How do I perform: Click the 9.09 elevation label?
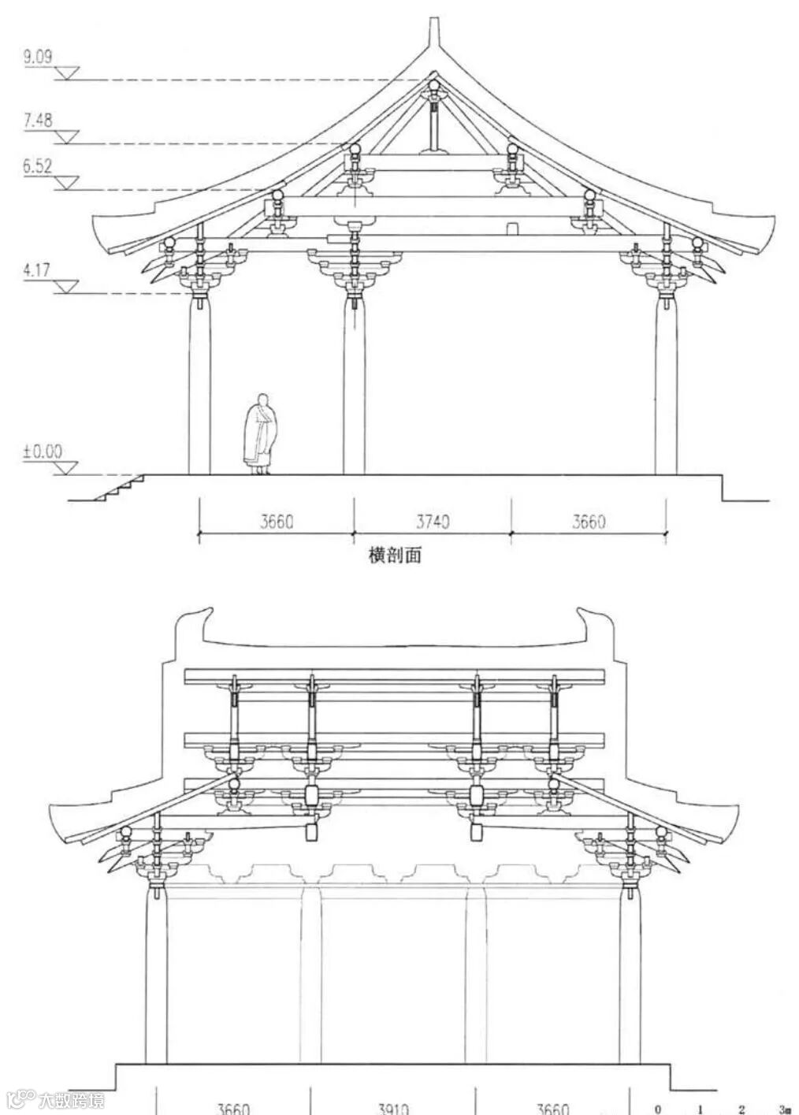(37, 57)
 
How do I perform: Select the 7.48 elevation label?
(38, 120)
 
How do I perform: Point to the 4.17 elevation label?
(36, 270)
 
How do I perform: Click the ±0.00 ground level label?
(43, 452)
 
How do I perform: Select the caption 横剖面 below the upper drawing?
(395, 555)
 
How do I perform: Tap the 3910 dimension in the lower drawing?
(392, 1107)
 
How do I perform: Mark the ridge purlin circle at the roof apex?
(433, 86)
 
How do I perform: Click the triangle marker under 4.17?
(66, 288)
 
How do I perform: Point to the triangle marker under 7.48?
(66, 137)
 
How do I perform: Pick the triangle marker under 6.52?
(66, 184)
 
